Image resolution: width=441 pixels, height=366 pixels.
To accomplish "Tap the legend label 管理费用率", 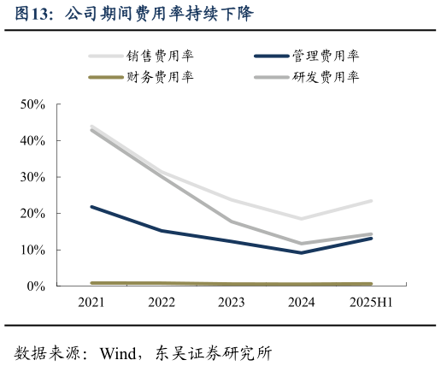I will pyautogui.click(x=325, y=56).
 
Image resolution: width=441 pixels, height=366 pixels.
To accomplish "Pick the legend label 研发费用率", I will pyautogui.click(x=325, y=77).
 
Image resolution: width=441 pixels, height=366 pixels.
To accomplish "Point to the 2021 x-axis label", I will pyautogui.click(x=91, y=302).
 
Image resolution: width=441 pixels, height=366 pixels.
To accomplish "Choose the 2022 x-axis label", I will pyautogui.click(x=162, y=302).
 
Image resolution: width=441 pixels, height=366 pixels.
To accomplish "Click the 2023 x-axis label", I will pyautogui.click(x=231, y=302).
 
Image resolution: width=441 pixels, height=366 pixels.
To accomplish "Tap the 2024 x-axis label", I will pyautogui.click(x=301, y=302).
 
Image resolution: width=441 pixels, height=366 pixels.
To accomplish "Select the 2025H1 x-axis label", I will pyautogui.click(x=371, y=302).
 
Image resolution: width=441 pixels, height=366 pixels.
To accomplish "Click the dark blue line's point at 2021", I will pyautogui.click(x=91, y=206).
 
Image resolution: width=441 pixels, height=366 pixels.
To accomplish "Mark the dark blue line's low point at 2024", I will pyautogui.click(x=301, y=252).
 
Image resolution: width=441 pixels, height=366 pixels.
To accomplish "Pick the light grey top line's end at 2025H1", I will pyautogui.click(x=371, y=201).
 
